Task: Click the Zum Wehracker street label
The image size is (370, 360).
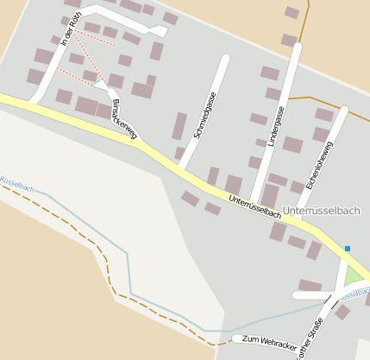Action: (x=269, y=342)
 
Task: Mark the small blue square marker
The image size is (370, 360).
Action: (x=348, y=249)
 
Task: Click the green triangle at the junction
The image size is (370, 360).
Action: (x=352, y=276)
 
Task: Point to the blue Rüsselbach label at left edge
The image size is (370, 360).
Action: (x=16, y=184)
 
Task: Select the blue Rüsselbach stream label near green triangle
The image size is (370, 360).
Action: (x=355, y=294)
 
